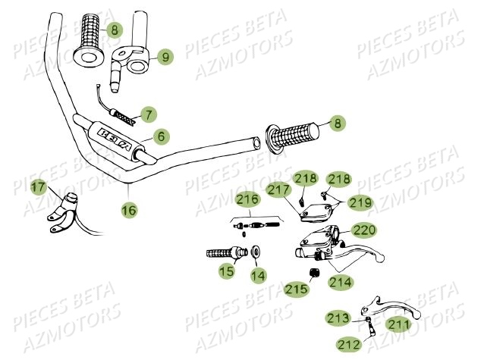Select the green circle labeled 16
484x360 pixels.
129,210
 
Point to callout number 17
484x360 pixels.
38,186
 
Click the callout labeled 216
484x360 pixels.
247,201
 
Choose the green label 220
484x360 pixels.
364,230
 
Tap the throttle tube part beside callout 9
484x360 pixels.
130,61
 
